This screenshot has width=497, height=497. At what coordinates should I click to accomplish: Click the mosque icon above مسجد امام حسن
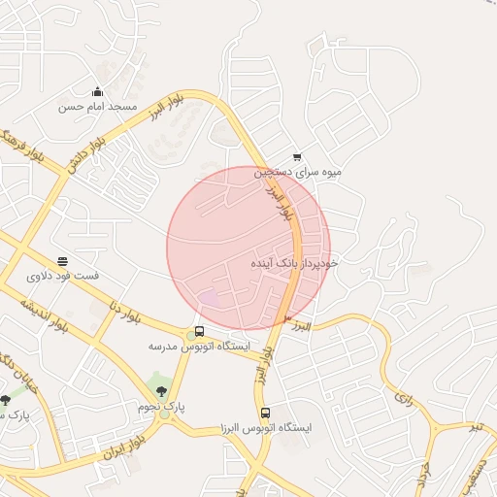pyautogui.click(x=96, y=92)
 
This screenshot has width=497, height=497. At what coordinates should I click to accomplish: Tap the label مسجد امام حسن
pyautogui.click(x=98, y=106)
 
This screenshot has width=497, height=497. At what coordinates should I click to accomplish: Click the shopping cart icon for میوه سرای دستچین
pyautogui.click(x=297, y=157)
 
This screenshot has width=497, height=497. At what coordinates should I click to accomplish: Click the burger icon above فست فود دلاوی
pyautogui.click(x=63, y=262)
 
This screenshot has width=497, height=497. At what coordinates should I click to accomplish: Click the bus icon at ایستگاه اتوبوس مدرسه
pyautogui.click(x=199, y=332)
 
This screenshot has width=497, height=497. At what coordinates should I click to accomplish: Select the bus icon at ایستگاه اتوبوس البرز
pyautogui.click(x=266, y=413)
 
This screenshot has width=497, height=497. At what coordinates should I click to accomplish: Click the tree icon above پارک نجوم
pyautogui.click(x=160, y=390)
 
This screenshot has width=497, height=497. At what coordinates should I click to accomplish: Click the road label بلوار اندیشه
pyautogui.click(x=45, y=315)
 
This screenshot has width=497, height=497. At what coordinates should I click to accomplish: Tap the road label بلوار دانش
pyautogui.click(x=85, y=154)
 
